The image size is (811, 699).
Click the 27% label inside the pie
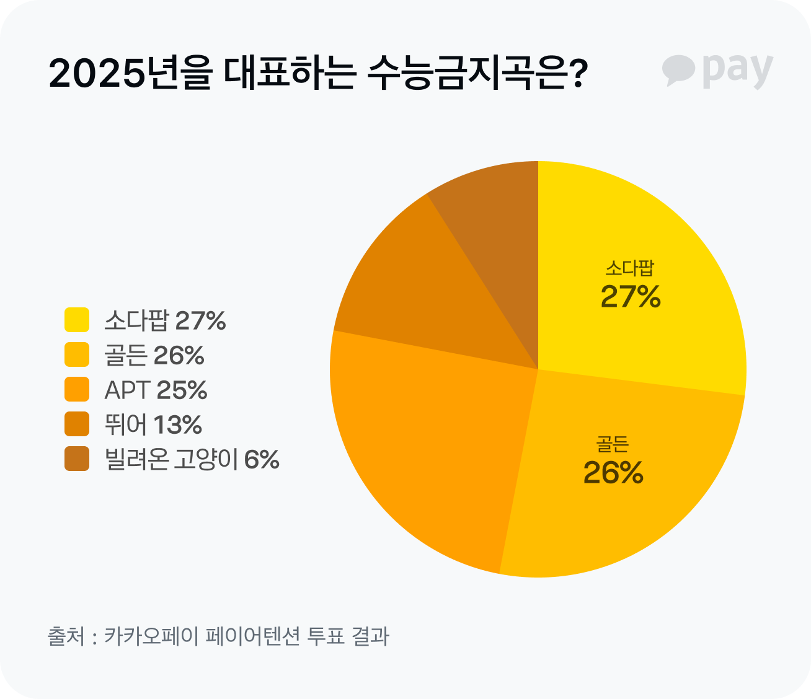(631, 297)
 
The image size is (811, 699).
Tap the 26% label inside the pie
(613, 473)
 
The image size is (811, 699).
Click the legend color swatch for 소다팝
(77, 320)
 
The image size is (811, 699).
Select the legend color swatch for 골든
(77, 355)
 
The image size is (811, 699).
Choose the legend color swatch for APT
(77, 390)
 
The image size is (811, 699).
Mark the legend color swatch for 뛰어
(77, 424)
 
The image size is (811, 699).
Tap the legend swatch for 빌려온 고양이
(77, 459)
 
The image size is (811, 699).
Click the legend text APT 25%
(156, 390)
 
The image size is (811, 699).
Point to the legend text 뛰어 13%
(153, 425)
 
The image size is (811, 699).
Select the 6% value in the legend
(262, 460)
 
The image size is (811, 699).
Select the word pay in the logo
(738, 70)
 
